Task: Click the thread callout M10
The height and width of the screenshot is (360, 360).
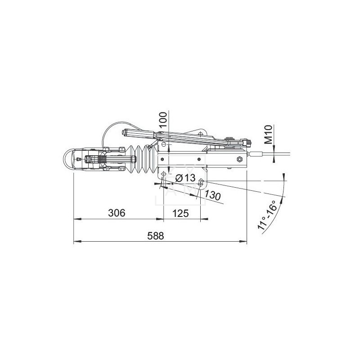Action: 268,135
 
